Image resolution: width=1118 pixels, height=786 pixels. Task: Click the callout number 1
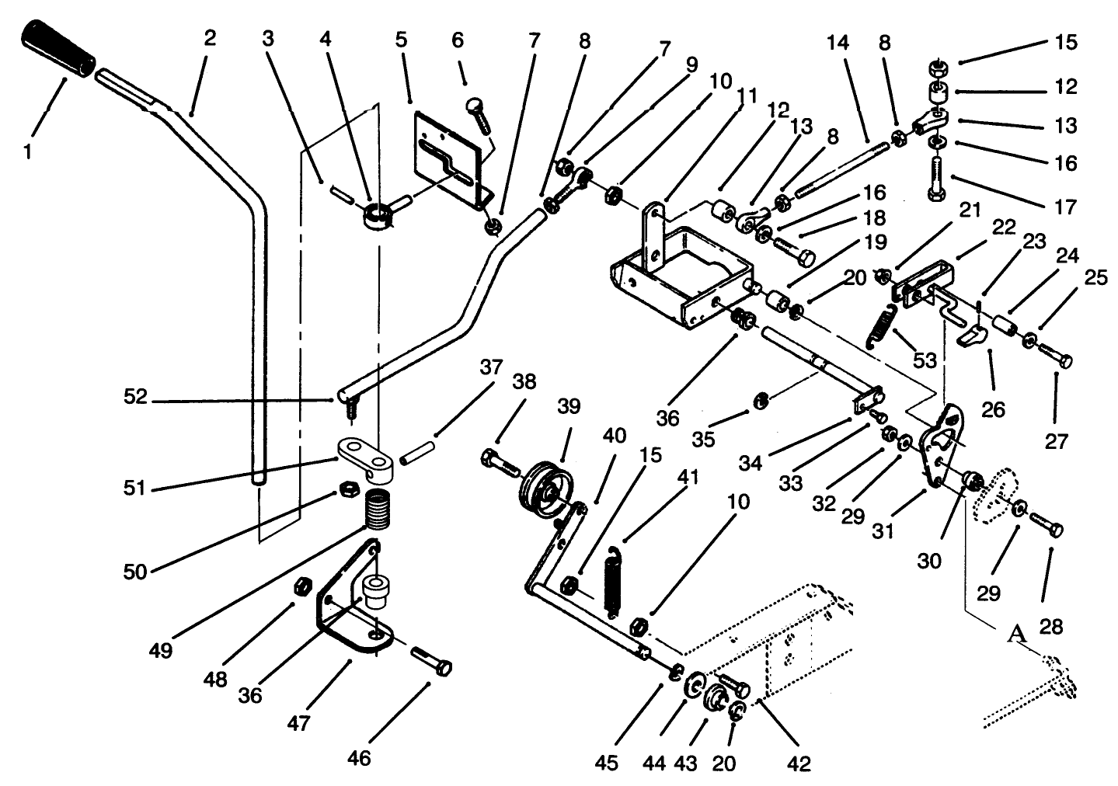[29, 152]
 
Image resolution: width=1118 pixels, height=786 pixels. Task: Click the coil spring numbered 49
[377, 510]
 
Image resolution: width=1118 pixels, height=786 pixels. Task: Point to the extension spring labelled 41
[615, 582]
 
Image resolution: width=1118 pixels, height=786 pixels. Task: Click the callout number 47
[298, 724]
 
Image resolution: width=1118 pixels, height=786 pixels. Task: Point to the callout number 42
[798, 764]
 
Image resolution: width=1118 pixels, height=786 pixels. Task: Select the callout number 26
[994, 409]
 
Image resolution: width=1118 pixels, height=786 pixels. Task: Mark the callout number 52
[136, 397]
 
